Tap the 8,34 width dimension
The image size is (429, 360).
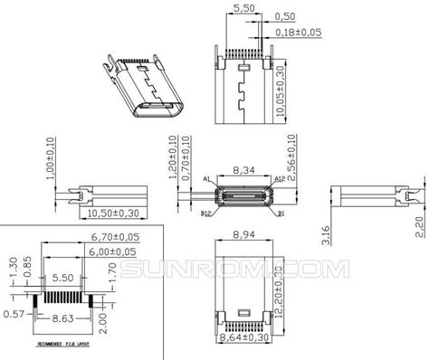coord(243,168)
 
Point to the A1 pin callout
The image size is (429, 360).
coord(207,178)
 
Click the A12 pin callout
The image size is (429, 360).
coord(279,178)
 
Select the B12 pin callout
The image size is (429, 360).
coord(206,213)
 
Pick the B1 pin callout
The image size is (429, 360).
coord(281,213)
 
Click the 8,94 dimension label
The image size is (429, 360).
coord(243,234)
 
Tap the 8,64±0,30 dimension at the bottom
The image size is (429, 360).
coord(243,336)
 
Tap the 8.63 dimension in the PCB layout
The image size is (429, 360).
coord(61,319)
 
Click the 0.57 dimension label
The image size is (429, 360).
coord(14,313)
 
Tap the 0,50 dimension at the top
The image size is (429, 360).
coord(285,16)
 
